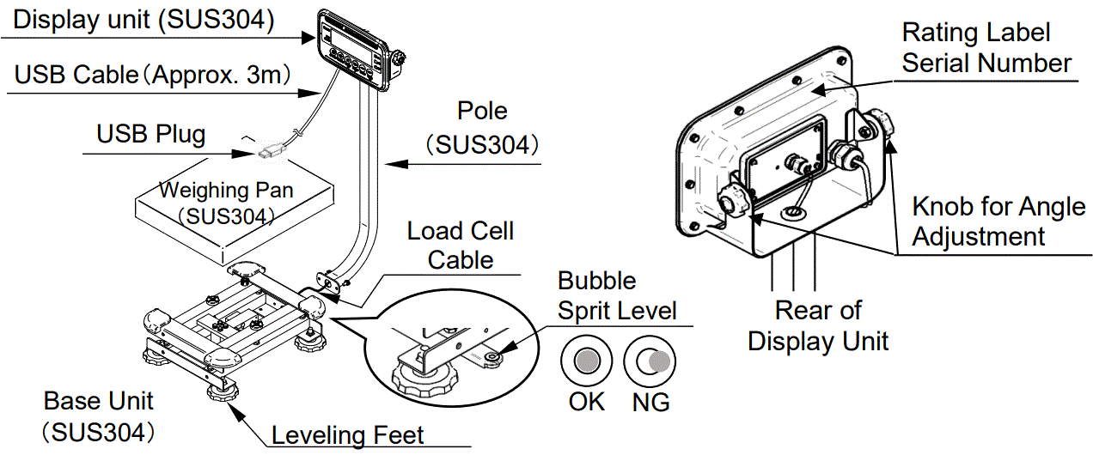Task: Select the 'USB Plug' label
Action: [150, 134]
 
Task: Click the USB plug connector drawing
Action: [269, 152]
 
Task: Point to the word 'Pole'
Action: [481, 111]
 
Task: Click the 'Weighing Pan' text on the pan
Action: [226, 190]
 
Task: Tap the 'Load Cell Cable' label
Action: [461, 245]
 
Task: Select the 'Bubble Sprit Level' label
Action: [617, 295]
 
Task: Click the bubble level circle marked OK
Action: [586, 359]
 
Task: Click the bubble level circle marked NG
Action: [650, 359]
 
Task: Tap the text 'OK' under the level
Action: [586, 401]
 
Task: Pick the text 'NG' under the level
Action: [650, 401]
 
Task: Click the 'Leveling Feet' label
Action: [347, 435]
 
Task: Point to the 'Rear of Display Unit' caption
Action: [818, 325]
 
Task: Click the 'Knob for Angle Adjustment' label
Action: [998, 221]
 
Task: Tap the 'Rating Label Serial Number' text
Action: [986, 48]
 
